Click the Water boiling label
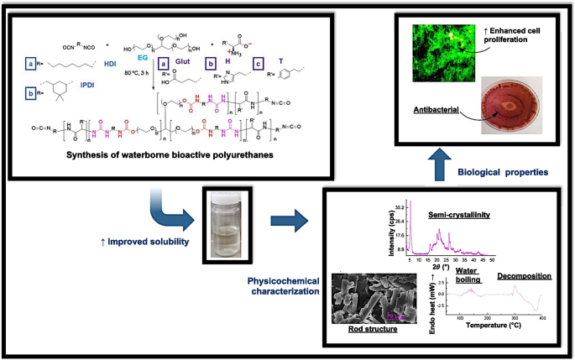coord(467,277)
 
